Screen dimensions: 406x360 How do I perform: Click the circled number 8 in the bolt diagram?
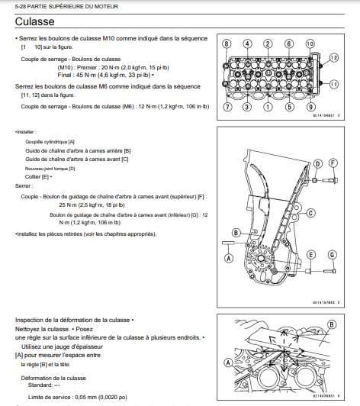[x=227, y=43]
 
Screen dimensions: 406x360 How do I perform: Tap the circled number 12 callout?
[x=334, y=57]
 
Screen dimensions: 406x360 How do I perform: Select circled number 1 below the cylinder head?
[x=268, y=107]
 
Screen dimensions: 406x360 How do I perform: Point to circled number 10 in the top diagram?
[x=310, y=43]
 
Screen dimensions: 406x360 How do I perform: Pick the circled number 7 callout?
[x=227, y=107]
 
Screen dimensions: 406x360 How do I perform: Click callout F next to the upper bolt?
[x=333, y=163]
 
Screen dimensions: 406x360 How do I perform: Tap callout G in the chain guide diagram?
[x=332, y=254]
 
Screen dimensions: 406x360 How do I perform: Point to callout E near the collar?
[x=310, y=254]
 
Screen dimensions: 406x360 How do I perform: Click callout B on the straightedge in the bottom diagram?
[x=332, y=324]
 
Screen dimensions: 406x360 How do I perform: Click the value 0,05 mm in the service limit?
[x=85, y=398]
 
